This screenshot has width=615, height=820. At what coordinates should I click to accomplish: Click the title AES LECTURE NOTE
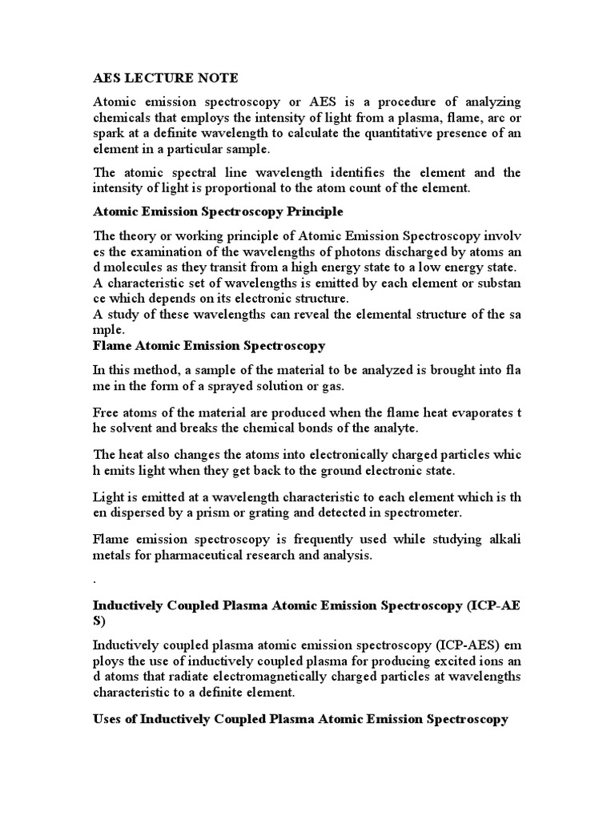pyautogui.click(x=166, y=78)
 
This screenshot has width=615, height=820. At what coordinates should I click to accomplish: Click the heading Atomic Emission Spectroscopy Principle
pyautogui.click(x=219, y=211)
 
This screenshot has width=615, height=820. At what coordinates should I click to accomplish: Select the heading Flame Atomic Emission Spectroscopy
pyautogui.click(x=209, y=345)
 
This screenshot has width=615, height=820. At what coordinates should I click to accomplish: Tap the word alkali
pyautogui.click(x=504, y=541)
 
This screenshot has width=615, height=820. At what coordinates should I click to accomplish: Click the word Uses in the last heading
pyautogui.click(x=110, y=719)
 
